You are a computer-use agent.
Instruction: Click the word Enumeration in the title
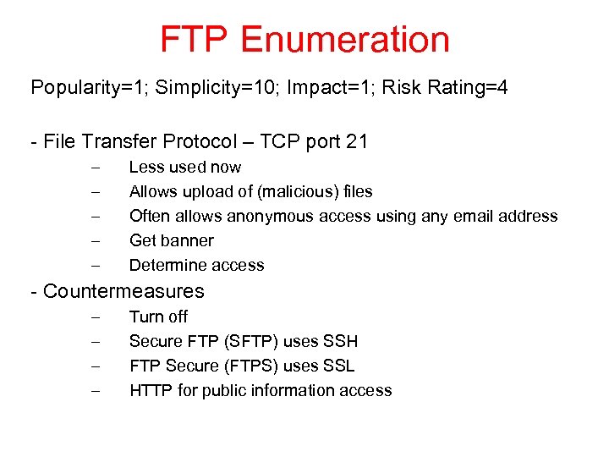345,40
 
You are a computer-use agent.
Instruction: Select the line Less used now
184,168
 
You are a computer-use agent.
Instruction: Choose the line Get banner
171,240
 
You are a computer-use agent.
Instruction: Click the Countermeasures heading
123,291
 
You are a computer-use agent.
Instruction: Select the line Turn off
158,317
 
